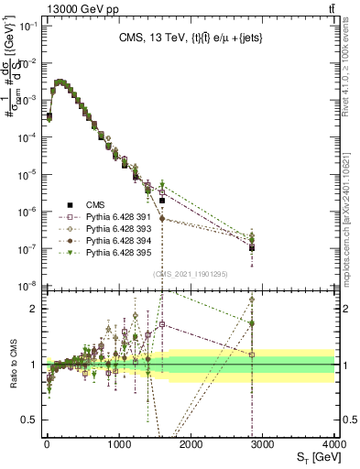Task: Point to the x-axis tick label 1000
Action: click(118, 444)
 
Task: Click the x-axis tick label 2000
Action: click(191, 444)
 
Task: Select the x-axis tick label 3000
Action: click(263, 444)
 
